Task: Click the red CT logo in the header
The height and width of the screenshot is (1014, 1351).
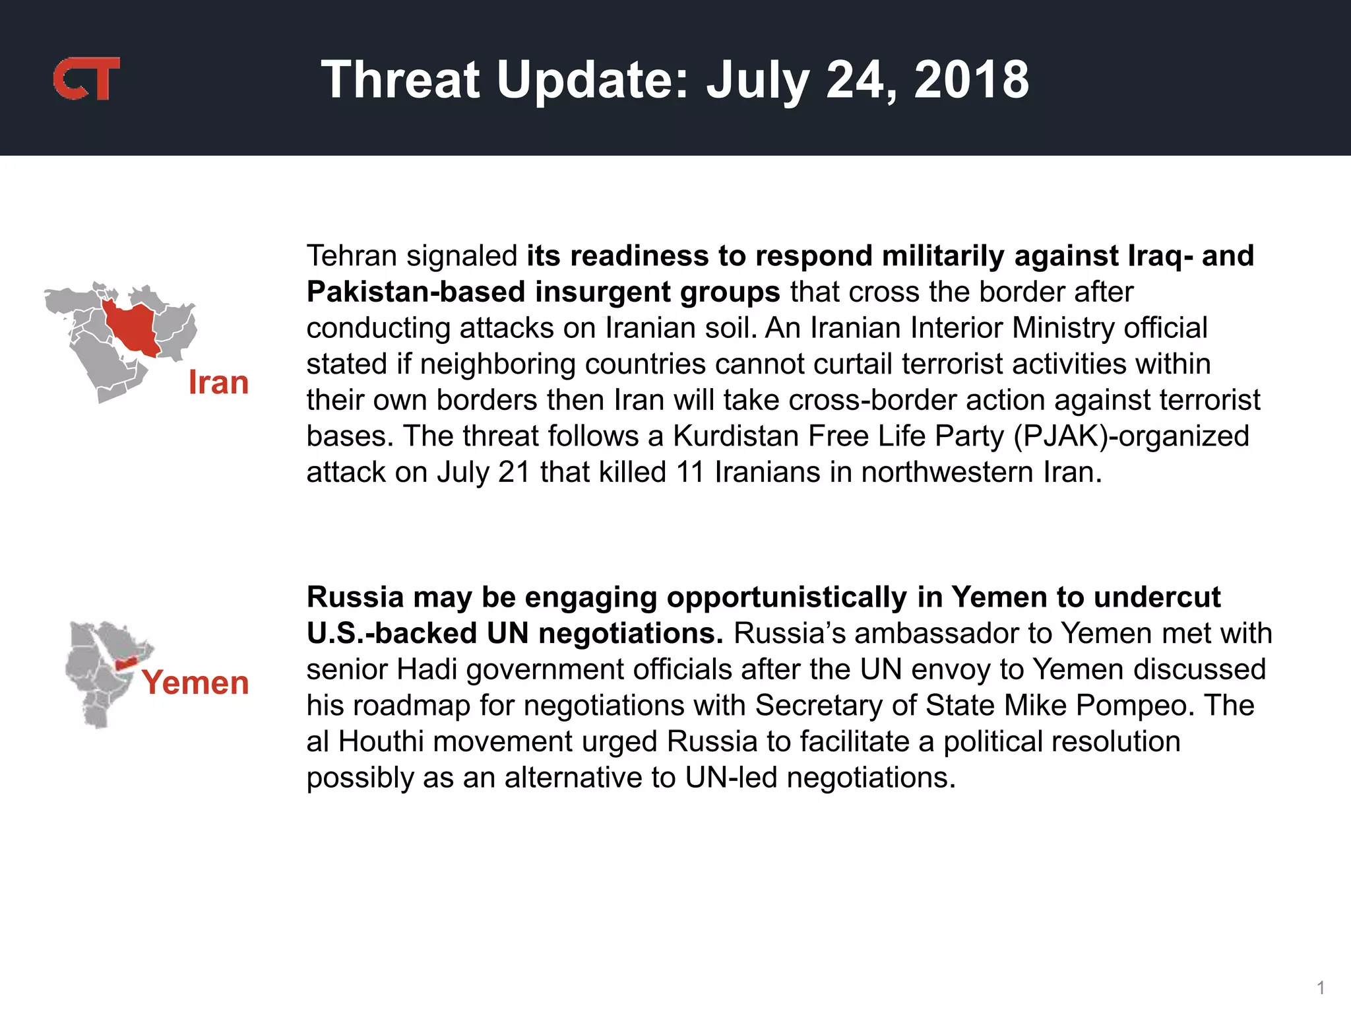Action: point(86,79)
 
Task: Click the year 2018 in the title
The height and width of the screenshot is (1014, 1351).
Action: point(971,80)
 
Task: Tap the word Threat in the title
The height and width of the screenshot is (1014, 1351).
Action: point(400,80)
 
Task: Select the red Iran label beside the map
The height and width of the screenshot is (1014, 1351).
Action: point(218,382)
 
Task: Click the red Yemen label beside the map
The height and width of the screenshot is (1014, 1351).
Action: point(195,682)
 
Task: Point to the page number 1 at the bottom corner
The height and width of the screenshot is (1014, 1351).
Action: point(1321,988)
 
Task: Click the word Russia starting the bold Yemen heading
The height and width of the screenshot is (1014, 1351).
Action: point(355,597)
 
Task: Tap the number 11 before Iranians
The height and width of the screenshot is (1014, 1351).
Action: point(690,473)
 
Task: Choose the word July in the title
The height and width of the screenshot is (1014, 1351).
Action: point(757,80)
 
